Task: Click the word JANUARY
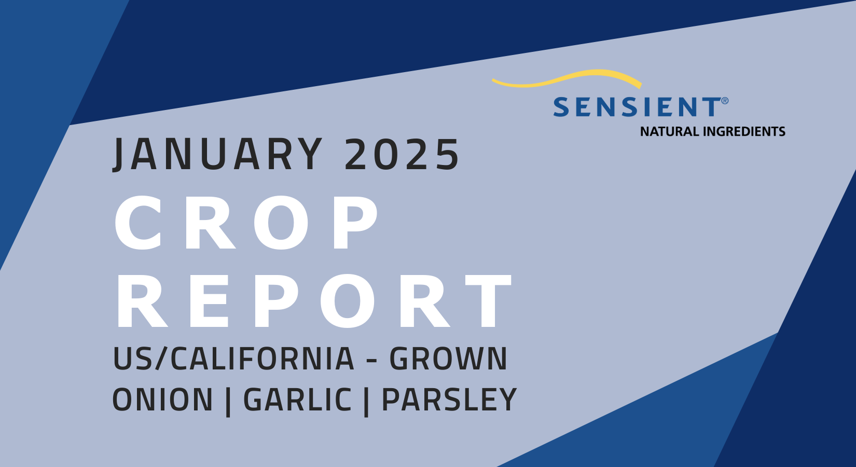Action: pos(218,154)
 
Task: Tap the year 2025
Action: pos(402,154)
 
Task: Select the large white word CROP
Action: pos(247,224)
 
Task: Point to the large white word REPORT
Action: pos(314,301)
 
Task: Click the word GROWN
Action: pos(448,359)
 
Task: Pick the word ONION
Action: pos(163,400)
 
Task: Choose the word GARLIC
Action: pos(297,400)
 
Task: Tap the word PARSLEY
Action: pos(449,400)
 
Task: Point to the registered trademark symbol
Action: pos(725,101)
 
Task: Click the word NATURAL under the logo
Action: pos(669,132)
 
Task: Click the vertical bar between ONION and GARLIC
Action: pos(228,401)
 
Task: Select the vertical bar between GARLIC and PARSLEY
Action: pos(367,401)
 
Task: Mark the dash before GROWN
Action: pos(371,360)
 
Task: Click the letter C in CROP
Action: pos(139,224)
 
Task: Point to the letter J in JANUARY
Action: pos(120,154)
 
